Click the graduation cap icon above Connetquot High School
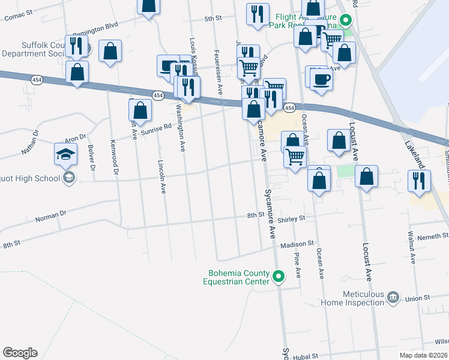66,154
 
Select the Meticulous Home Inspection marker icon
393,296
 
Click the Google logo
20,353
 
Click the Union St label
418,298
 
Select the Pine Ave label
298,265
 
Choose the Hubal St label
306,356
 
